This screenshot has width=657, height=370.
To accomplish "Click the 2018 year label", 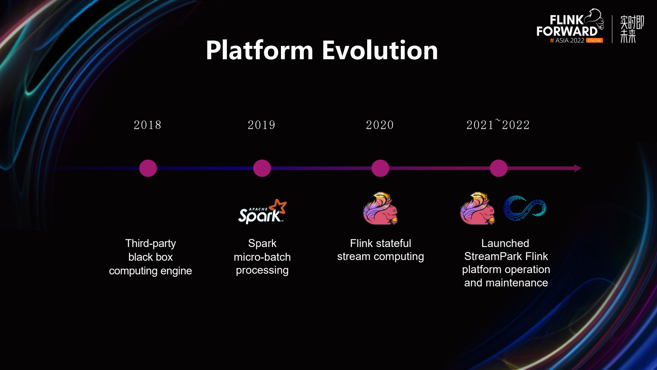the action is (x=147, y=125).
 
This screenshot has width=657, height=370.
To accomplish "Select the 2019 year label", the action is (x=262, y=125).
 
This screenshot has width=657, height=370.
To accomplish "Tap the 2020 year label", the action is (x=380, y=125).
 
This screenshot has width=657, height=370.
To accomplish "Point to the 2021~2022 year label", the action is (x=498, y=125).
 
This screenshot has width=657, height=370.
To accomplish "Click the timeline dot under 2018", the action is (x=148, y=168).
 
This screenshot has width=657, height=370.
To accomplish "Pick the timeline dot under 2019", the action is (x=262, y=168).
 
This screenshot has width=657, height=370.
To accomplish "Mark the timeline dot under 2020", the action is (x=381, y=168).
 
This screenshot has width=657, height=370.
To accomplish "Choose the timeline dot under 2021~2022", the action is (x=499, y=168).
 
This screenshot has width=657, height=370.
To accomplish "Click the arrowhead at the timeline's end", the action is (x=578, y=168).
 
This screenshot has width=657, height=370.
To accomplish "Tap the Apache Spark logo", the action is (x=262, y=211).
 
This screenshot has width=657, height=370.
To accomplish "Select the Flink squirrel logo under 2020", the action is (x=381, y=208).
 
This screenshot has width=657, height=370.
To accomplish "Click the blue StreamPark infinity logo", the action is (x=525, y=208).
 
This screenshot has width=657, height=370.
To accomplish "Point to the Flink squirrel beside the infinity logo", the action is (x=477, y=208).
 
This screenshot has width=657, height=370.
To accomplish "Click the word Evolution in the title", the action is (x=380, y=50).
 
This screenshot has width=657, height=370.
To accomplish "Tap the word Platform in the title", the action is (x=260, y=50).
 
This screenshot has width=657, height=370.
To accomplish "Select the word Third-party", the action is (x=151, y=244).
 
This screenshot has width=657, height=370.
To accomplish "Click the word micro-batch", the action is (x=262, y=257).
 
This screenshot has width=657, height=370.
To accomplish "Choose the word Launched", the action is (x=505, y=243).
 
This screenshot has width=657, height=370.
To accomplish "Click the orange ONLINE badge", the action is (x=594, y=40).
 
